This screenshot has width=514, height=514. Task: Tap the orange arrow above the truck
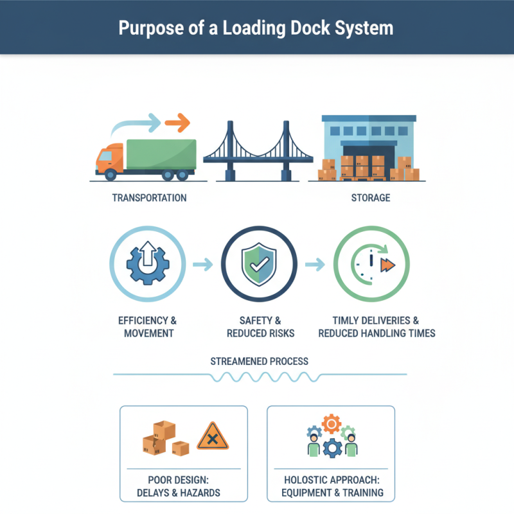(178, 121)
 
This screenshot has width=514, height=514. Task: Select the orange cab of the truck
(109, 158)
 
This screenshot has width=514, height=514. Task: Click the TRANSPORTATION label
(149, 198)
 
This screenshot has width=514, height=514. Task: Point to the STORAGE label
(370, 198)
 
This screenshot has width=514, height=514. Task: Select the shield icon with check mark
(258, 265)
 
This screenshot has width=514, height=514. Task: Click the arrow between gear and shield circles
(202, 264)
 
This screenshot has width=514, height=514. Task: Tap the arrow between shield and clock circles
(314, 264)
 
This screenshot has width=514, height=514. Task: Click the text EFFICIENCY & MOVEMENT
(147, 326)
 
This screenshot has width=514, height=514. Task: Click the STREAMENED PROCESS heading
(259, 361)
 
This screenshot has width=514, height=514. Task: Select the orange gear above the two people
(331, 423)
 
